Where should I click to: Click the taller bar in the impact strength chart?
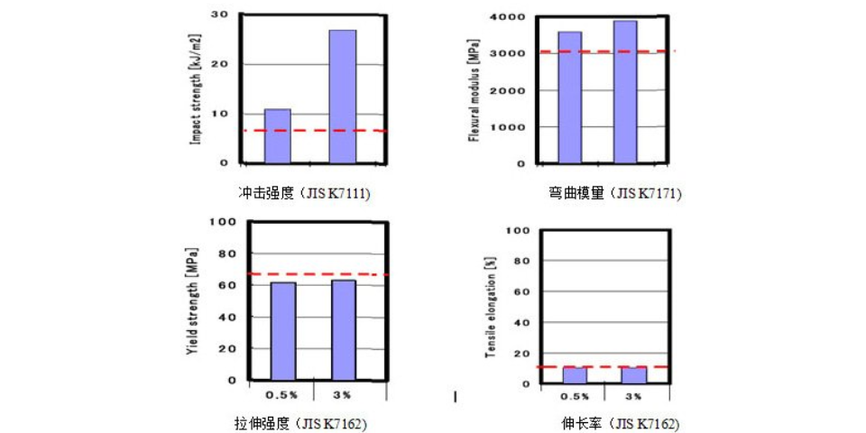click(x=342, y=97)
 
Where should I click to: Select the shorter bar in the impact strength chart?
click(x=278, y=136)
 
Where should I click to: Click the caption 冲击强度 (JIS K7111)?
click(x=304, y=193)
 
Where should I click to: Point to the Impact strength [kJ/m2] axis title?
click(x=195, y=88)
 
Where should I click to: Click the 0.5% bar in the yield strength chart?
click(x=283, y=331)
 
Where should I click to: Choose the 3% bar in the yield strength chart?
click(x=344, y=330)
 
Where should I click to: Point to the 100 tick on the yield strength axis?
click(x=222, y=222)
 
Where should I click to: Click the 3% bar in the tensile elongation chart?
click(x=633, y=375)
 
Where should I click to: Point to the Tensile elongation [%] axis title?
click(x=490, y=307)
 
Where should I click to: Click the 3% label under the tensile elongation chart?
click(x=633, y=396)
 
